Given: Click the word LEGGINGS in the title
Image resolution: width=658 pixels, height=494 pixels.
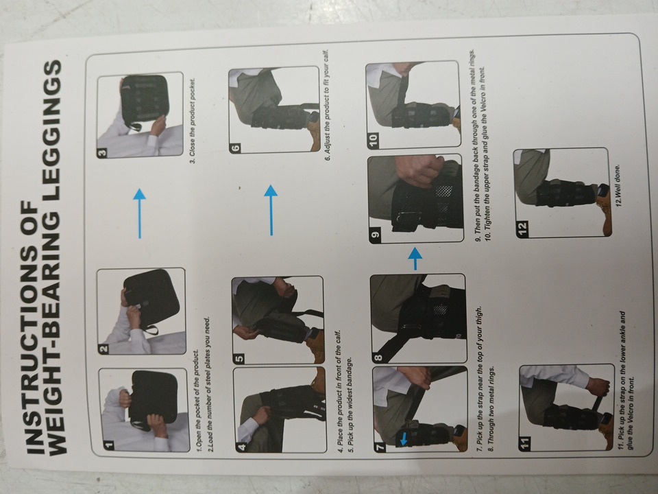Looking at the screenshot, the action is coord(56,119).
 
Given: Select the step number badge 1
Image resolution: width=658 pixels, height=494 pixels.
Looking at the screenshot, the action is coord(109,444).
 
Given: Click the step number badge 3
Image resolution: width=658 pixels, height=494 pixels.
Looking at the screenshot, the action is coord(102,152).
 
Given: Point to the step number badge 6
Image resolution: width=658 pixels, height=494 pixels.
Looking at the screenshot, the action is coord(235,148).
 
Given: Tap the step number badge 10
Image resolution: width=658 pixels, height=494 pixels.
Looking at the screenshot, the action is coord(373,140).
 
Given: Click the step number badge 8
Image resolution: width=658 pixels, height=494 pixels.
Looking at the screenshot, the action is coord(378,357).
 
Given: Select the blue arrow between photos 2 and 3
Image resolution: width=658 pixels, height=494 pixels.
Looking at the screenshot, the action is coord(140,213).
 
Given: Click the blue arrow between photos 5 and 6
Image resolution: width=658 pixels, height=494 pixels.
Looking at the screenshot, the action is coord(271,210).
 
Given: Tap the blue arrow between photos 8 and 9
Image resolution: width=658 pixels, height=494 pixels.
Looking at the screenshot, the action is coord(415,259).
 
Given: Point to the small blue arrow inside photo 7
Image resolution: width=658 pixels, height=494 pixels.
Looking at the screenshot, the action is coord(403,439).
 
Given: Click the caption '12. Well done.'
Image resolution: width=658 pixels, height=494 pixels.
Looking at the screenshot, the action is coord(618,185).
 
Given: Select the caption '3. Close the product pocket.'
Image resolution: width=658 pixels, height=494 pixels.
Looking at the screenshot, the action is coord(193,121).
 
